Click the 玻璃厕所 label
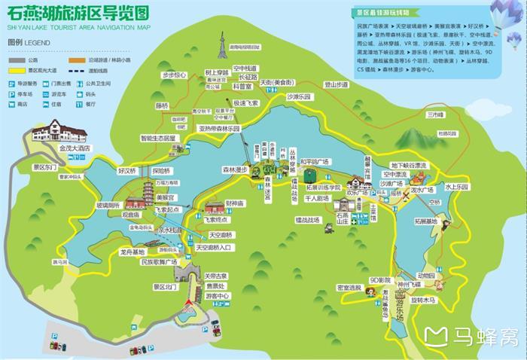click(x=108, y=205)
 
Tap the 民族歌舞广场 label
click(x=159, y=262)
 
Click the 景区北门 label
click(x=164, y=286)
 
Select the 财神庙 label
click(x=235, y=203)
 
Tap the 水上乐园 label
click(x=456, y=186)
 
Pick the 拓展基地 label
click(x=426, y=221)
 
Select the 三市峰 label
click(x=436, y=115)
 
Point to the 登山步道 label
click(x=336, y=85)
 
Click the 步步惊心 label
click(x=174, y=75)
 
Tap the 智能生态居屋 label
click(x=158, y=139)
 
